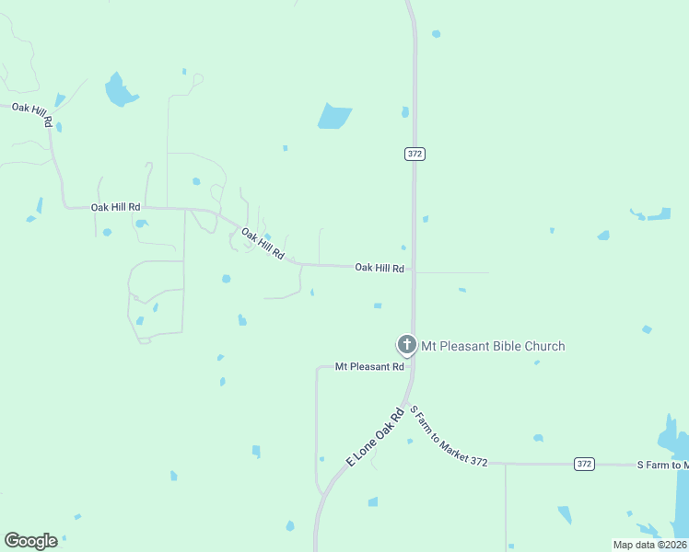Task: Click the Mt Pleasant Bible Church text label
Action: tap(493, 346)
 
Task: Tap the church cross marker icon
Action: tap(406, 345)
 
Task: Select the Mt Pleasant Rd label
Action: tap(369, 366)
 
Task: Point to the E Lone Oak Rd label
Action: tap(376, 437)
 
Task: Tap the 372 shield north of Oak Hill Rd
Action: tap(415, 154)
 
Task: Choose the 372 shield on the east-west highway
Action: tap(584, 464)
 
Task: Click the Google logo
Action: tap(30, 541)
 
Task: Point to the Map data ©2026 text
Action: tap(649, 545)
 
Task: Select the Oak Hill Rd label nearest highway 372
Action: tap(380, 268)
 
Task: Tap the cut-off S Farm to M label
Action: tap(662, 465)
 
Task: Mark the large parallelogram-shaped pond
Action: tap(334, 117)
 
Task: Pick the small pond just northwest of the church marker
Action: tap(377, 305)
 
